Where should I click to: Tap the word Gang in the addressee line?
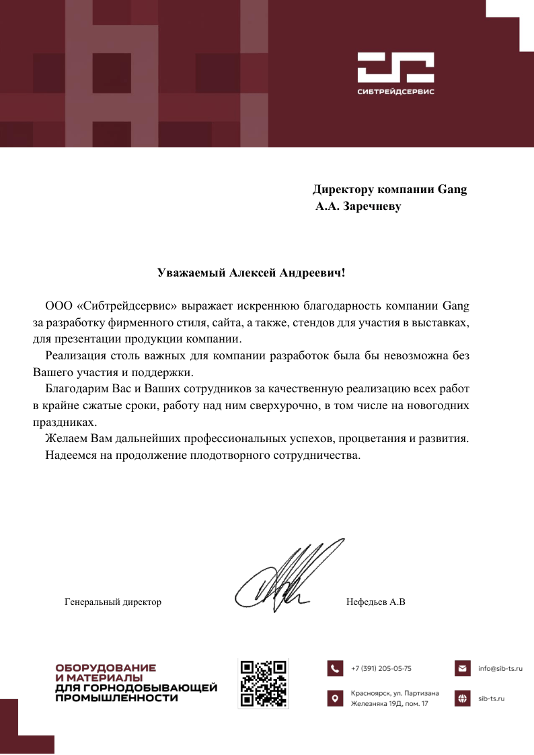pyautogui.click(x=452, y=189)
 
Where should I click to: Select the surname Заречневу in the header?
pyautogui.click(x=372, y=206)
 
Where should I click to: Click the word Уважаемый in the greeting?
pyautogui.click(x=192, y=273)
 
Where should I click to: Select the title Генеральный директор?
pyautogui.click(x=113, y=602)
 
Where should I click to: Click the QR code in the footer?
pyautogui.click(x=264, y=683)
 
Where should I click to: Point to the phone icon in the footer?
pyautogui.click(x=335, y=668)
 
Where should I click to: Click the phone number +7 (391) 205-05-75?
pyautogui.click(x=381, y=668)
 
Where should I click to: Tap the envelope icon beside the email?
pyautogui.click(x=462, y=668)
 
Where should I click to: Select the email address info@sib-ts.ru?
pyautogui.click(x=500, y=668)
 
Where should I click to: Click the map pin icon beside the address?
pyautogui.click(x=335, y=698)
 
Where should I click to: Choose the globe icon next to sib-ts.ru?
pyautogui.click(x=462, y=698)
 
